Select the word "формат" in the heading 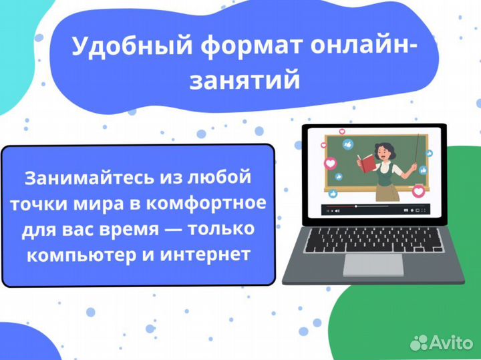click(218, 47)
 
